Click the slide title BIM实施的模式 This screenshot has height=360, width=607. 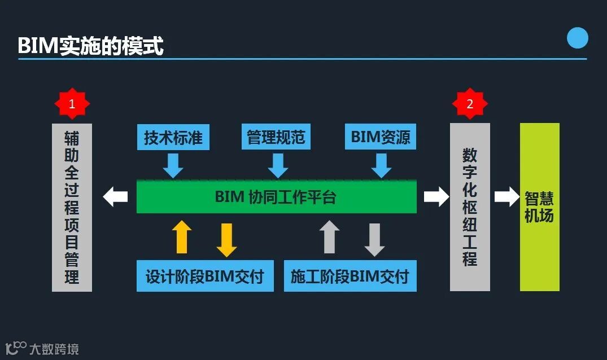coord(90,46)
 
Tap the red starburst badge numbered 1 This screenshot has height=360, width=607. coord(72,104)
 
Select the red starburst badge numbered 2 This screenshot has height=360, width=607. coord(469,104)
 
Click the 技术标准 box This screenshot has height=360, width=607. coord(173,137)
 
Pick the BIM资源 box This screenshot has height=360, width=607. coord(381,137)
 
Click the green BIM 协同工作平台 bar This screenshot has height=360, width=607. coord(276,197)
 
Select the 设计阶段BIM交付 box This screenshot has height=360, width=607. coord(205,276)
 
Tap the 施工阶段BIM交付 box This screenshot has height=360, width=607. coord(350,276)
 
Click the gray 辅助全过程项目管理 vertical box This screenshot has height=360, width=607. coord(72,207)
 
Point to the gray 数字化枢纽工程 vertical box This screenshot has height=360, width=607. coord(470,207)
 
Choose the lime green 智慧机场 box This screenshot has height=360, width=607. coord(539,207)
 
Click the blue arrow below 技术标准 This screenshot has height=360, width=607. coord(173,165)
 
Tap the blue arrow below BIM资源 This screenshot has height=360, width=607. coord(381,165)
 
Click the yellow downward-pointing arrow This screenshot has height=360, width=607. coord(226,240)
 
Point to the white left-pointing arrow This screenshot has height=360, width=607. coord(116,196)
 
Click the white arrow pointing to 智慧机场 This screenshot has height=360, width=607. coord(506,196)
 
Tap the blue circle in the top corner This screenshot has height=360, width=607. coord(577,38)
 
